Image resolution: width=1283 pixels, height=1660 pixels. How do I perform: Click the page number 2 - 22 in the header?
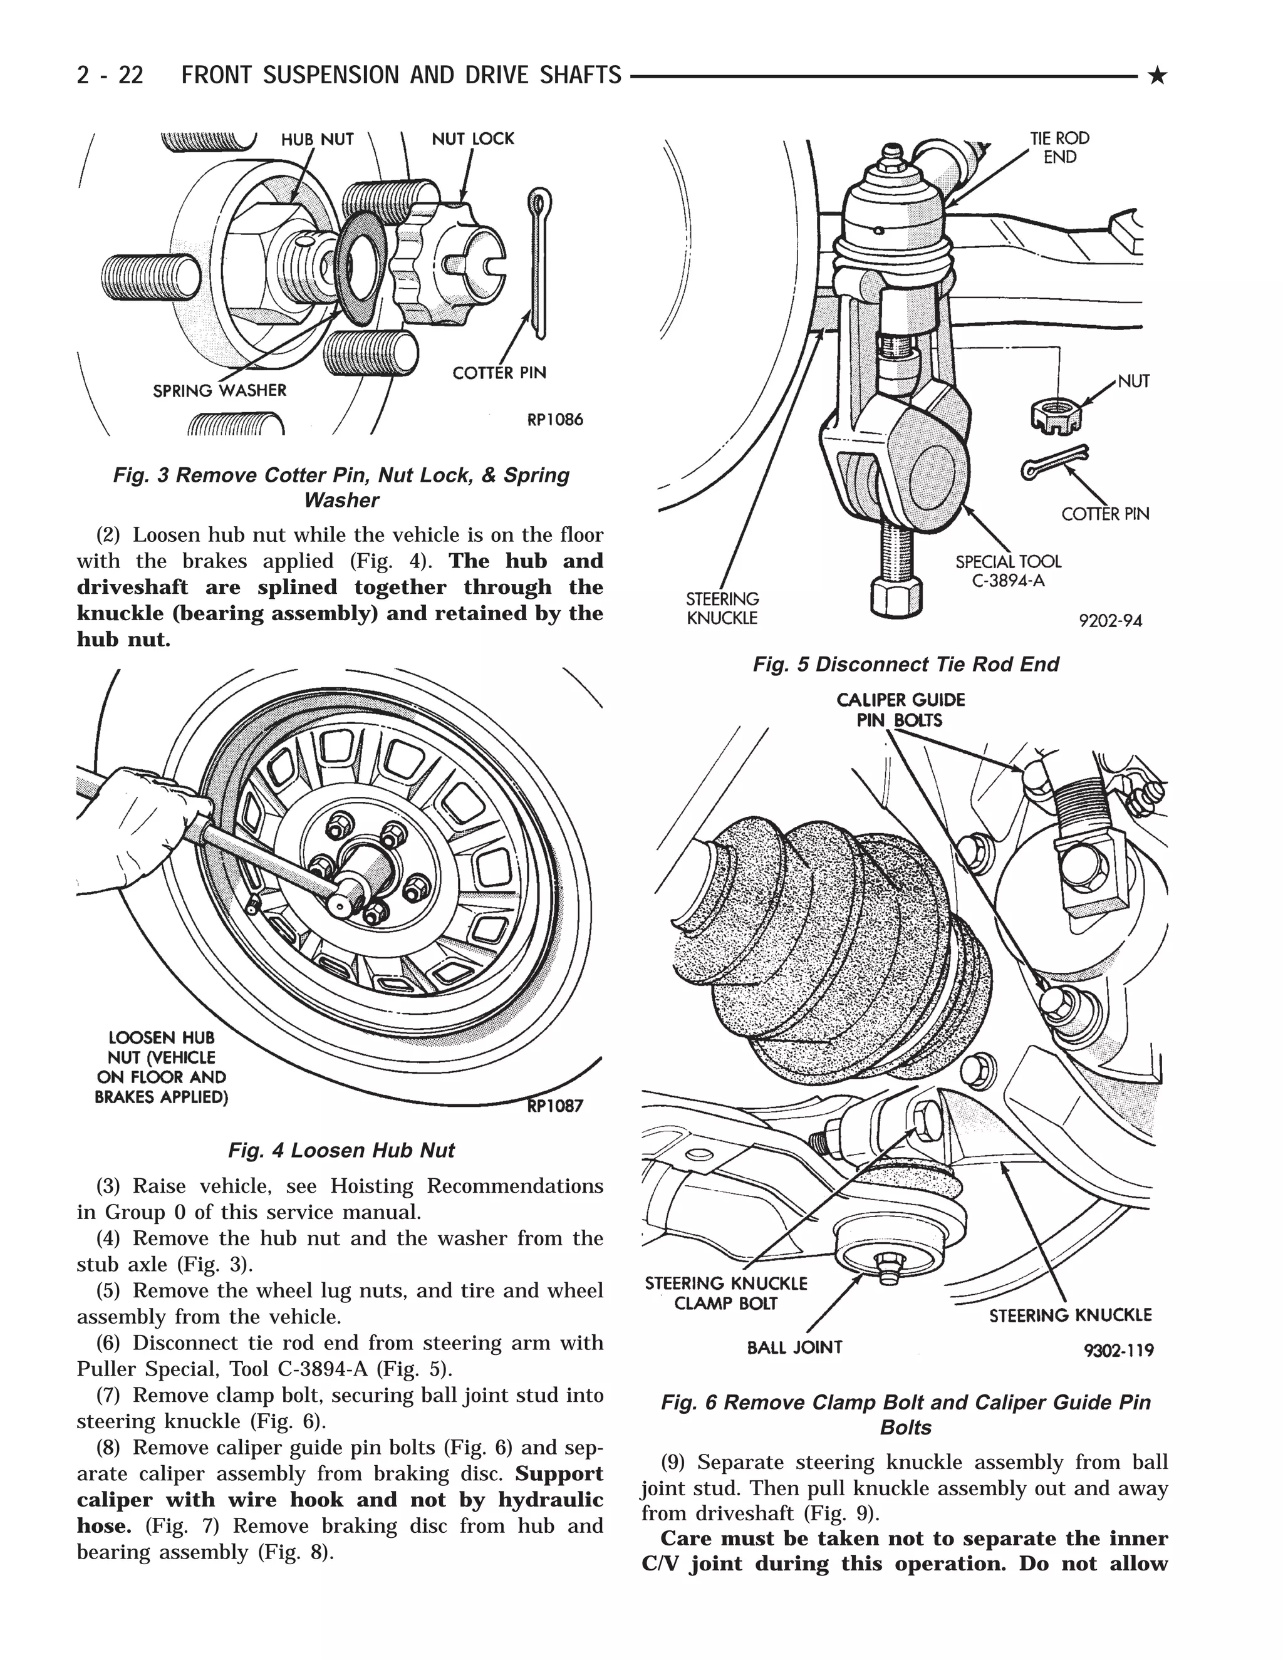pos(110,75)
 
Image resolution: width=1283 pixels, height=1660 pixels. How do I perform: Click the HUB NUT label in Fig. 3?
pos(317,140)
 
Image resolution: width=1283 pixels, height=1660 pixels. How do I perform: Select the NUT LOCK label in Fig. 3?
pos(473,139)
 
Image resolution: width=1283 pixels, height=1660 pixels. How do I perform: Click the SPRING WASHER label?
pos(220,391)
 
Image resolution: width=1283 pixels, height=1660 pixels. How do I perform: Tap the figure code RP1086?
pos(555,420)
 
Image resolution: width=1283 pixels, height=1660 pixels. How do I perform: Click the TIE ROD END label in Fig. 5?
pos(1059,147)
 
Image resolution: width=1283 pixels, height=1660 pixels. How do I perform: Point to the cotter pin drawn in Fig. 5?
pos(1055,462)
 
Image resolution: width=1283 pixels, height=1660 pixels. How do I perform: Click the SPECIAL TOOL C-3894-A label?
pos(1008,571)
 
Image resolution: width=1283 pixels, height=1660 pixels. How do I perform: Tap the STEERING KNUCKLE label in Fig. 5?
pos(722,608)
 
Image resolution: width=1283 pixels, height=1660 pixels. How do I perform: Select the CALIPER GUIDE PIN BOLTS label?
pos(901,709)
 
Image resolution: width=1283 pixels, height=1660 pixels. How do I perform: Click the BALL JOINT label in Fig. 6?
pos(794,1347)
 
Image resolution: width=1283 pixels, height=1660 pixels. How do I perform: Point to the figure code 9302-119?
pos(1119,1350)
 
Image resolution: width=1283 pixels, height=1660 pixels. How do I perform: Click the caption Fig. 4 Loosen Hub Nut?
pos(341,1150)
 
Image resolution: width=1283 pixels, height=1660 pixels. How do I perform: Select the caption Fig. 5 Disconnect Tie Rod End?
pos(905,664)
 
